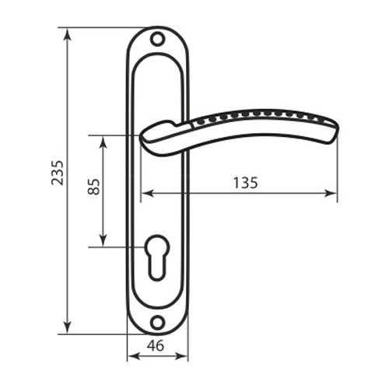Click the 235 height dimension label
coord(58,173)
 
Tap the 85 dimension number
coord(94,187)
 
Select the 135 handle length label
coord(246,183)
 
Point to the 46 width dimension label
coord(156,345)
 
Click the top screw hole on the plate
coord(157,40)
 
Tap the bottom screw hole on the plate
coord(157,322)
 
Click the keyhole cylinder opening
coord(157,258)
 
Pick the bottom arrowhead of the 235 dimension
coord(68,327)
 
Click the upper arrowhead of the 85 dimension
coord(103,142)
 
